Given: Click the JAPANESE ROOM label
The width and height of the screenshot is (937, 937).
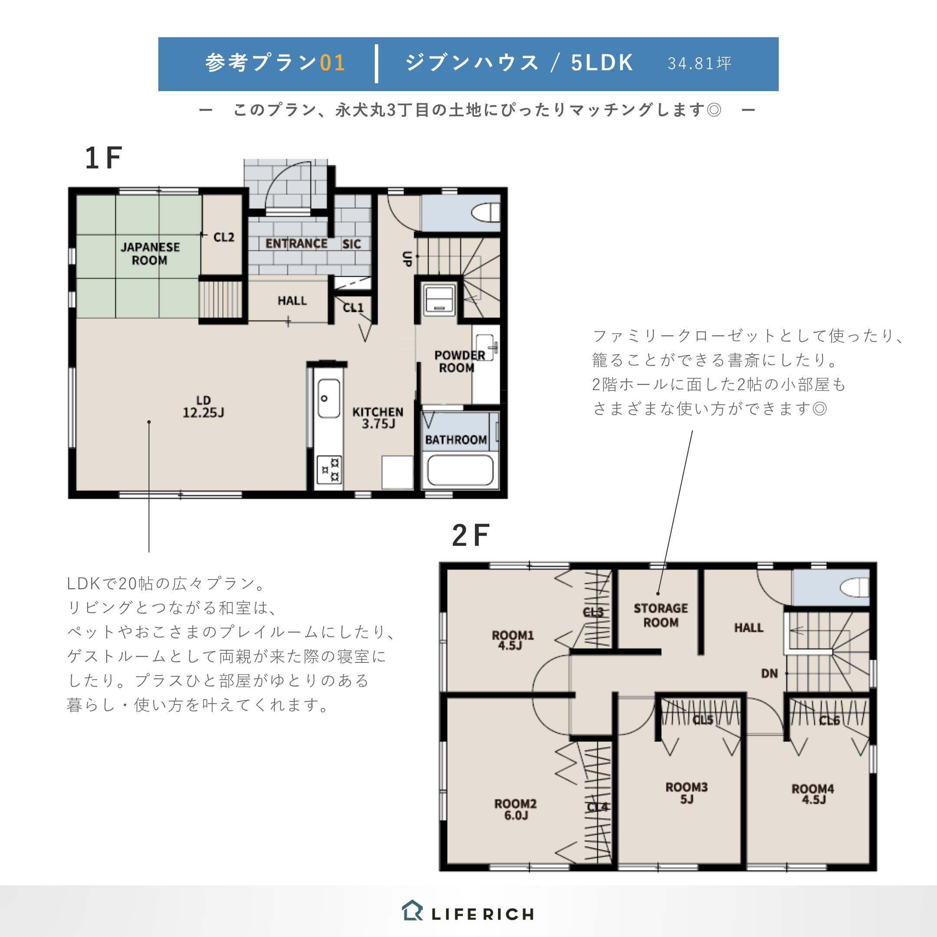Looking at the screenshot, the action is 151,254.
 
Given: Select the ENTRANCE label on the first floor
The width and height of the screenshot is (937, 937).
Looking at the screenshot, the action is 296,243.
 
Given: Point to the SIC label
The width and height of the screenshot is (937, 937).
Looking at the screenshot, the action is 352,244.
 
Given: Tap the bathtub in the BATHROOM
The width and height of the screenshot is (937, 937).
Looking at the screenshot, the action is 460,470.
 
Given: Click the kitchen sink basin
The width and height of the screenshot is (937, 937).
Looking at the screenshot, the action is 328,398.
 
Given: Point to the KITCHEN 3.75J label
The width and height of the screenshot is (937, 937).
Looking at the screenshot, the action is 378,418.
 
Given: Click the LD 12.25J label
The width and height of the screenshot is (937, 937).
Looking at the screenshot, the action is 203,406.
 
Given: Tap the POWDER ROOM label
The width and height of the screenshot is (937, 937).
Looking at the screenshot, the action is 459,361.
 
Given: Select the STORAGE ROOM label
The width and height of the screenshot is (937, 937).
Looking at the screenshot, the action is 661,615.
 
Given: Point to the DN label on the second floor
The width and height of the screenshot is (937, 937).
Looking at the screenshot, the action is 769,673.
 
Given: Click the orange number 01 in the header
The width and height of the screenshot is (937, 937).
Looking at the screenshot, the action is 333,63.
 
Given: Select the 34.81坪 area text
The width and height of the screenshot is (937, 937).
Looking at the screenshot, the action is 699,63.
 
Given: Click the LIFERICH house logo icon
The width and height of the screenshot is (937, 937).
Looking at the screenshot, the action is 412,911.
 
